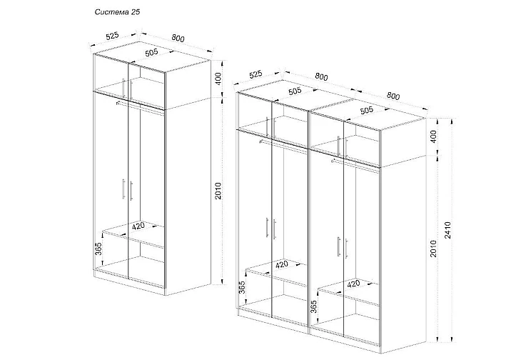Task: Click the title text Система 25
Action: click(117, 12)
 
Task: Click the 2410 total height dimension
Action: click(448, 230)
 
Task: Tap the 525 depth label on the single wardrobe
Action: click(112, 36)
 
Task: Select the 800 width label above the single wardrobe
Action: click(178, 38)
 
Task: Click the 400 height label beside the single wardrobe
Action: click(218, 79)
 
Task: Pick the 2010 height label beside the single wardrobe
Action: click(218, 191)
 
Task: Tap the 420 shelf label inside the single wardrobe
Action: click(138, 226)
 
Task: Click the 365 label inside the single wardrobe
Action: click(98, 248)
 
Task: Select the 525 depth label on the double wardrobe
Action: click(256, 74)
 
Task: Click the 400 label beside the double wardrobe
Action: click(433, 136)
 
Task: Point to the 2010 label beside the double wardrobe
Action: click(433, 249)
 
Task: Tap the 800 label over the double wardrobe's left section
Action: click(321, 76)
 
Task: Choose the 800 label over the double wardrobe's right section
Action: click(393, 96)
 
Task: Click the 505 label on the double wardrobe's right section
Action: click(366, 110)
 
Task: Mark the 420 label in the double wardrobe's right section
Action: click(353, 284)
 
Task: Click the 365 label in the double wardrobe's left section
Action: click(242, 288)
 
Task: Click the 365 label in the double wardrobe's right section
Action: click(313, 307)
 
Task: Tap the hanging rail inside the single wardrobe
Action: click(140, 107)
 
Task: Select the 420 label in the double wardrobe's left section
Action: click(282, 264)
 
